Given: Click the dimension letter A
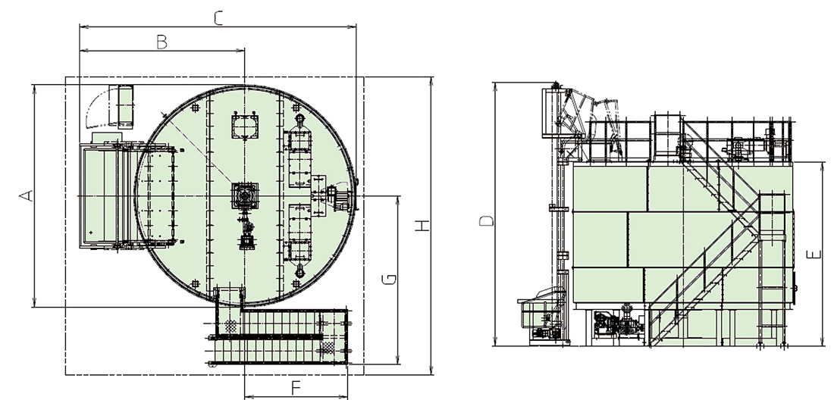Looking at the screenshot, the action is (x=27, y=195).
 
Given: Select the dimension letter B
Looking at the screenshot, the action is (x=162, y=42).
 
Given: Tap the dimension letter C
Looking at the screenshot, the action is (x=218, y=18).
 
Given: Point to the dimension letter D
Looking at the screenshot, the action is (x=487, y=220).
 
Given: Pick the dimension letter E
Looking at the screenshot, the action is (x=814, y=255).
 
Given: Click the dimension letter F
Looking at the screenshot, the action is (x=296, y=389).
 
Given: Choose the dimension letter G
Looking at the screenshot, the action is (x=390, y=279).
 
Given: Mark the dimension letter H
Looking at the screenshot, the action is (x=422, y=225).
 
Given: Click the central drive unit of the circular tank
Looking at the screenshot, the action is (x=245, y=196).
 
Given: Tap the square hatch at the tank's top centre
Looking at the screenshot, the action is (x=245, y=126).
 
